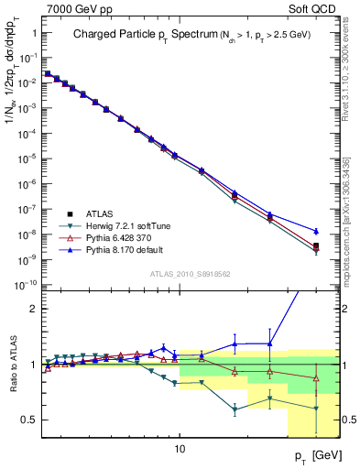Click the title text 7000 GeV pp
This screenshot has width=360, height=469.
72,7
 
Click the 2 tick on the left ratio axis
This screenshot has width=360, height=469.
35,309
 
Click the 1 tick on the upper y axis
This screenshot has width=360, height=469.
36,33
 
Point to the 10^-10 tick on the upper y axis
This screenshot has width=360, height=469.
27,286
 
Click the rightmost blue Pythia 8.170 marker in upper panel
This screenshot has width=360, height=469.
315,231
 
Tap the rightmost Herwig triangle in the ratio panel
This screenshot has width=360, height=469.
315,409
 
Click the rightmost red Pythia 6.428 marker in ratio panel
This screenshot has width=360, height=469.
315,377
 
